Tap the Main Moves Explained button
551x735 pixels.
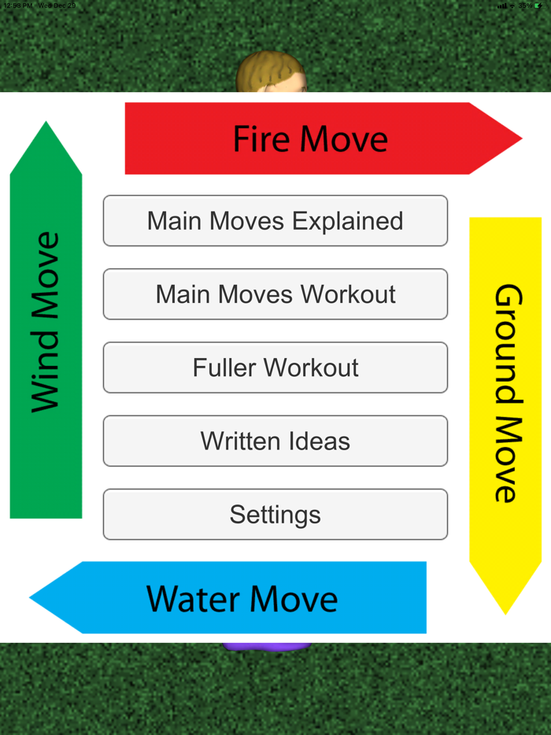click(275, 221)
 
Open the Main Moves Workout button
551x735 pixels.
click(275, 294)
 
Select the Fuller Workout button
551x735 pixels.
click(275, 367)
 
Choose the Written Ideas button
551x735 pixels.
click(275, 441)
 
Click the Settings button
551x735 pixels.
click(275, 515)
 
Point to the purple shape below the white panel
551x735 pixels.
click(267, 646)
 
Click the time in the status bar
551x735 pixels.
click(17, 6)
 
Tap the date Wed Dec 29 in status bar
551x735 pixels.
click(57, 6)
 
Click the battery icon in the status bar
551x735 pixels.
click(538, 6)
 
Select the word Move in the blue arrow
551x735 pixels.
click(293, 599)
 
